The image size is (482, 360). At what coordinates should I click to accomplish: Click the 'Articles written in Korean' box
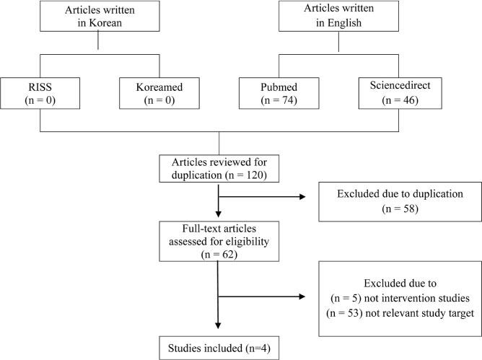coord(100,16)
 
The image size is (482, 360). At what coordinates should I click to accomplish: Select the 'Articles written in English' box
coord(338,16)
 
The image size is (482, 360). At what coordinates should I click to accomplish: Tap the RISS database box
coord(40,93)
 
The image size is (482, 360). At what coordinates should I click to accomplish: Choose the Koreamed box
coord(159,93)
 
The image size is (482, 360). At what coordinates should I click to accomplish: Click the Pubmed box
coord(279,93)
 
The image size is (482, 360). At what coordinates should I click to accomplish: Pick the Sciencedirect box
coord(400,93)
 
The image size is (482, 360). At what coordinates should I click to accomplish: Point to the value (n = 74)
coord(279,100)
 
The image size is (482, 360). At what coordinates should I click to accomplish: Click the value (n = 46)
coord(400,100)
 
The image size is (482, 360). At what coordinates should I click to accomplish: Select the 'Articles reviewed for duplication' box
coord(219,169)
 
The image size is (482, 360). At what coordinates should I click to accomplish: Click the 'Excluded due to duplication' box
coord(400,202)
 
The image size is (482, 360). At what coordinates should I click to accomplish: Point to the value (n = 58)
coord(400,208)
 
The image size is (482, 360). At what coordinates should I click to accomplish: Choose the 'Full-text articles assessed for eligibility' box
coord(219,242)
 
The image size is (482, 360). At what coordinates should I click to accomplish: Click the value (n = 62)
coord(219,255)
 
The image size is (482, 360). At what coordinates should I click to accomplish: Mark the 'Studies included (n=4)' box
coord(219,348)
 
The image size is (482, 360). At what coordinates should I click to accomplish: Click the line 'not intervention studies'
coord(417,298)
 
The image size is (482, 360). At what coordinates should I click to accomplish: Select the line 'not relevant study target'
coord(420,313)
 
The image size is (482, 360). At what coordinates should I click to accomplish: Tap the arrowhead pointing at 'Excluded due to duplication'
coord(302,197)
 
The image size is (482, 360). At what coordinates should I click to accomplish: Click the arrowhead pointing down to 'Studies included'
coord(218,325)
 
